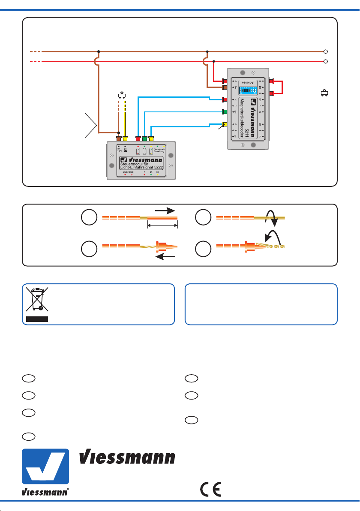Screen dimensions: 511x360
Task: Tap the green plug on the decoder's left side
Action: pyautogui.click(x=223, y=112)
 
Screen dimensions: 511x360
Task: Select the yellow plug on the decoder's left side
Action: pyautogui.click(x=223, y=125)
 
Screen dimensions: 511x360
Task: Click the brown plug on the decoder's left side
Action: pyautogui.click(x=223, y=87)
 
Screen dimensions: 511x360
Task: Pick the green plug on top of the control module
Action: pyautogui.click(x=144, y=138)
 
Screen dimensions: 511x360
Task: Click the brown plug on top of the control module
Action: pyautogui.click(x=119, y=138)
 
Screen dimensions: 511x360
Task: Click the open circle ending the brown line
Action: pyautogui.click(x=326, y=51)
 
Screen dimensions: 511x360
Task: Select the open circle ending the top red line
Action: pyautogui.click(x=326, y=61)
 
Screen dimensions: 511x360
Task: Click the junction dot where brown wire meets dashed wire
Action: pyautogui.click(x=119, y=132)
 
